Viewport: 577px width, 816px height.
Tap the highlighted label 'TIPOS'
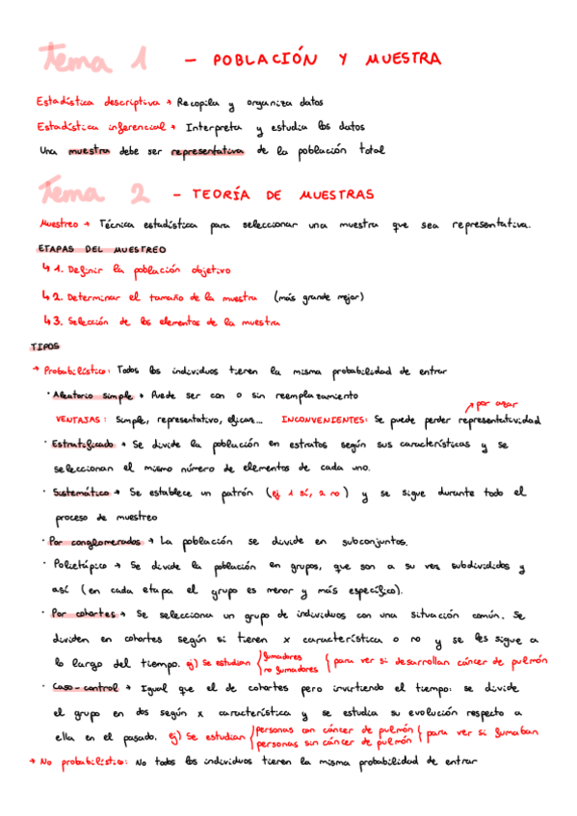point(44,345)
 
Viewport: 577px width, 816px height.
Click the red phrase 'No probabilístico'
point(84,761)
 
